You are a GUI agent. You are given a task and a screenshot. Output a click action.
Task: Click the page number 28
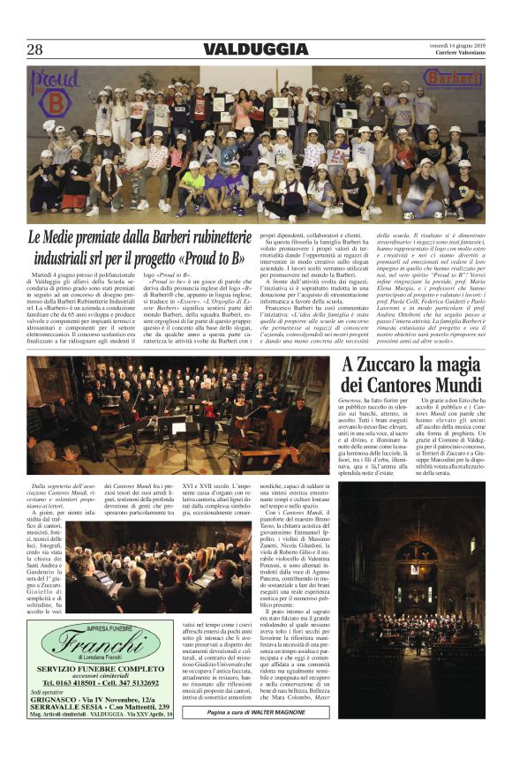click(x=36, y=49)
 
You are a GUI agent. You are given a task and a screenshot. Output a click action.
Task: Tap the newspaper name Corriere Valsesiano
click(x=451, y=56)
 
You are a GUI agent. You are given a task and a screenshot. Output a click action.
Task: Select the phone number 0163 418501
click(x=65, y=682)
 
